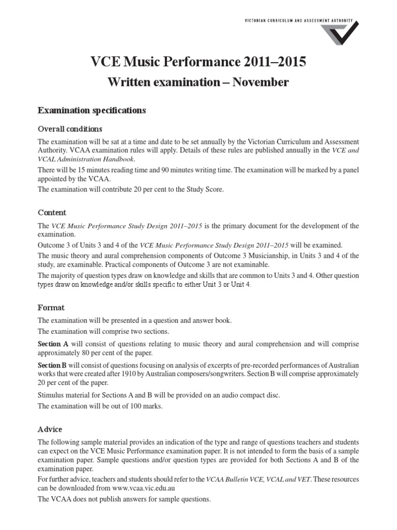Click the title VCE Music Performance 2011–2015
tap(198, 63)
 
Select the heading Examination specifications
tap(92, 110)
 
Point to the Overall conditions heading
tap(70, 129)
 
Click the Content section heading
tap(52, 213)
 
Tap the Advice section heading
tap(51, 429)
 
